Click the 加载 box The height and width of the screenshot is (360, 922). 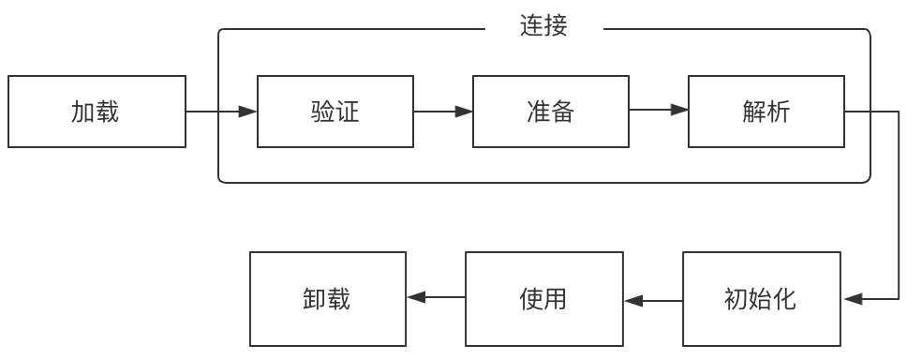[x=97, y=112]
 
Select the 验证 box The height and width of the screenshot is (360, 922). [x=335, y=112]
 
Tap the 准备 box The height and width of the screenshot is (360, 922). [x=551, y=112]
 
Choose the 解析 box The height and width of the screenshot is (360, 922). [x=766, y=112]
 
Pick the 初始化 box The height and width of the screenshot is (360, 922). [x=762, y=300]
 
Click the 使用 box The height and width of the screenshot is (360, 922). [x=544, y=300]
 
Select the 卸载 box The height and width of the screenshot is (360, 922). [x=328, y=300]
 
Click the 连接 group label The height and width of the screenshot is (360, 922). [x=544, y=25]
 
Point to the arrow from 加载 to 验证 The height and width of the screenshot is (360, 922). [x=221, y=112]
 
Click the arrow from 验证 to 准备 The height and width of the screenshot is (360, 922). [x=442, y=112]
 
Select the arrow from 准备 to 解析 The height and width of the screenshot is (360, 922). [x=658, y=111]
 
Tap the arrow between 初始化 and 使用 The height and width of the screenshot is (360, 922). [x=653, y=301]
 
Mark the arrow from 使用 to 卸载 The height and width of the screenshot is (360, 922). [x=437, y=297]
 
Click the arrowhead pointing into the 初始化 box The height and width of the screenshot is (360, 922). [x=853, y=299]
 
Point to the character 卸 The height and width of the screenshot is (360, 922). [x=316, y=300]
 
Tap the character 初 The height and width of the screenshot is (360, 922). [x=736, y=300]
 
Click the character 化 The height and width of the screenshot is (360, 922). [x=785, y=300]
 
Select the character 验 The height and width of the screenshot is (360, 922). [x=323, y=112]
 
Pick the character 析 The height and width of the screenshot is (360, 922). [x=779, y=112]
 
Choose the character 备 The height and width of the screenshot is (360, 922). [x=563, y=112]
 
